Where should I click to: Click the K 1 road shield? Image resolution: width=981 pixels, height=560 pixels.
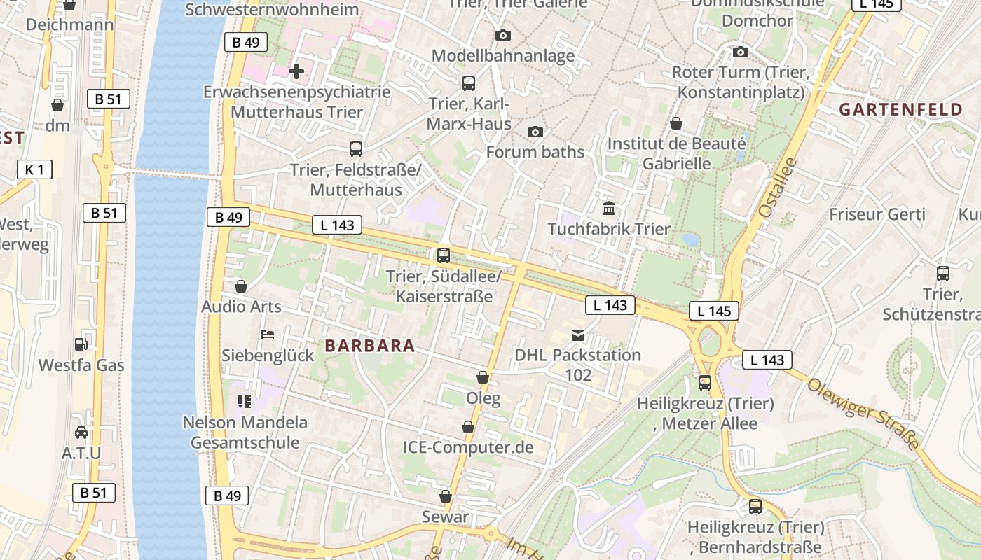coord(34,169)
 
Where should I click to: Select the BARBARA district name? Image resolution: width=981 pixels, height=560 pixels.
coord(370,346)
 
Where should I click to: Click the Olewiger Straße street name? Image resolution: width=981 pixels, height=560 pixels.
coord(863,414)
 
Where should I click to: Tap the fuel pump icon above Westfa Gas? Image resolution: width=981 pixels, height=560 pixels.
coord(81,344)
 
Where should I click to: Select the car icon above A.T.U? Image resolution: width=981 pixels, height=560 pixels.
coord(81,433)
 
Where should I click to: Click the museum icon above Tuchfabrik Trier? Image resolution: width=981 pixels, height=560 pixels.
coord(609,209)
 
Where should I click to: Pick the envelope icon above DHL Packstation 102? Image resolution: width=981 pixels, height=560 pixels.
coord(578,335)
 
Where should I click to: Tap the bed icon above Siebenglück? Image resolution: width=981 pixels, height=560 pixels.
coord(268,335)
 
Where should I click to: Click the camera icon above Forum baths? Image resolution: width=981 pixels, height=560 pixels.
coord(535,132)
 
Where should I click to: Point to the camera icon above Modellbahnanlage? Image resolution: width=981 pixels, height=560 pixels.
coord(502,35)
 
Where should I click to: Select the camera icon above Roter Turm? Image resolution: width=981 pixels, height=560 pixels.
coord(741,52)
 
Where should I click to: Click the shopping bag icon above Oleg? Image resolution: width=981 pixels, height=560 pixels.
coord(483,378)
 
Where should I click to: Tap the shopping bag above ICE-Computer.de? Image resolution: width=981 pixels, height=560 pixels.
coord(468,427)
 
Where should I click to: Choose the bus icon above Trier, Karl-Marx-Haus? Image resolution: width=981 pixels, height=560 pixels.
coord(469,83)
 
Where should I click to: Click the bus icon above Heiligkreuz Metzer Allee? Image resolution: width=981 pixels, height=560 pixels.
coord(705,383)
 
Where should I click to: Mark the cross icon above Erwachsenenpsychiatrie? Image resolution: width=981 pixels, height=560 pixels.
coord(296,71)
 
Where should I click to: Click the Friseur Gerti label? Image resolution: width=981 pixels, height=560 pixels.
coord(877,214)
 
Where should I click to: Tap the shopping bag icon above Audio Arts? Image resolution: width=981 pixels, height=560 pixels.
coord(241,286)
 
